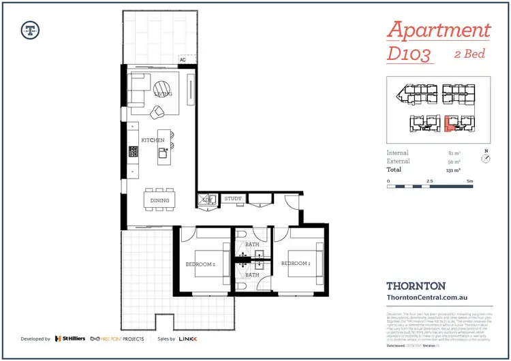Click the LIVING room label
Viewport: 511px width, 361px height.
[x=163, y=94]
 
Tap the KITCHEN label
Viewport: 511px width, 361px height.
[x=153, y=140]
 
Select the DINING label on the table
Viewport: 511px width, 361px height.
[x=159, y=200]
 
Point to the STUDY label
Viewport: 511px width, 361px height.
[x=233, y=199]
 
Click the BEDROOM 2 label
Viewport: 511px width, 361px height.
[x=200, y=264]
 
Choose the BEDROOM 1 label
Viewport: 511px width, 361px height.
[x=296, y=263]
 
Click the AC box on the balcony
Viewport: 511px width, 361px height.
[x=183, y=59]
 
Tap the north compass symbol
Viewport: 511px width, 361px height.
[x=485, y=159]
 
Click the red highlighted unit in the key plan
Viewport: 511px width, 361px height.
[x=450, y=124]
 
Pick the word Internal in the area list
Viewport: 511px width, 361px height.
[x=398, y=153]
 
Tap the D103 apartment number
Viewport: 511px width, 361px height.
[x=411, y=53]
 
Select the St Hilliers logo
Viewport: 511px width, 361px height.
[x=69, y=338]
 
